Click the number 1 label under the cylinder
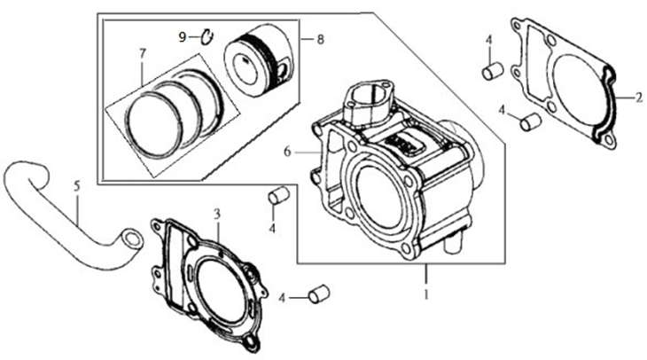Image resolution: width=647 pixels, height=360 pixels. pos(426,294)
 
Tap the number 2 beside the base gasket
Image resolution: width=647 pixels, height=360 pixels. pos(639,98)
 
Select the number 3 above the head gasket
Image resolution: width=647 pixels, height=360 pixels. pos(217,214)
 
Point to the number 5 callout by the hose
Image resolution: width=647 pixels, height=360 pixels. pos(77,186)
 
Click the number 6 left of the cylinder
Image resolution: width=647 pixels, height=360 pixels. pos(287,152)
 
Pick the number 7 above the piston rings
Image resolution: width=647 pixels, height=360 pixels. pos(143,53)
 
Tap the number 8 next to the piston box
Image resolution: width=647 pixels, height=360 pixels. pos(321,39)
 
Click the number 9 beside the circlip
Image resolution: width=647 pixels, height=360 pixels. pos(183,37)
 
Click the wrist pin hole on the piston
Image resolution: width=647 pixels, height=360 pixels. pos(282,71)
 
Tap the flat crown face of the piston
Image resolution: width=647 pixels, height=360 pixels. pos(246,67)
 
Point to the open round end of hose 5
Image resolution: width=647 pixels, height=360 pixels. pos(132,239)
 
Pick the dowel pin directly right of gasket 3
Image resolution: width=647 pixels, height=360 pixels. pos(319,293)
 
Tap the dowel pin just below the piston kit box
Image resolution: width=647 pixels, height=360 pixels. pos(278,195)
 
